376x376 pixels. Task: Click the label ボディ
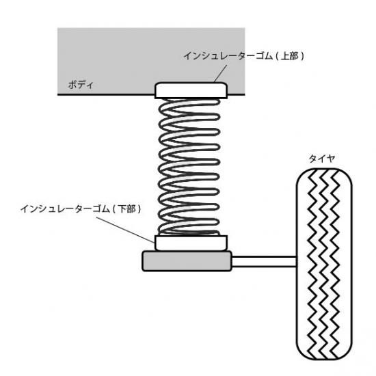pyautogui.click(x=81, y=85)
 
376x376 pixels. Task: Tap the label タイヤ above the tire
pyautogui.click(x=321, y=159)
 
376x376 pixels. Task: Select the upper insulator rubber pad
pyautogui.click(x=191, y=90)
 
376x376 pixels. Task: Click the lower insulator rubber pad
pyautogui.click(x=191, y=243)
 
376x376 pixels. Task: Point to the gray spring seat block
pyautogui.click(x=187, y=261)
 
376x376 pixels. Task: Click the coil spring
pyautogui.click(x=189, y=167)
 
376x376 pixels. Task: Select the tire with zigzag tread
pyautogui.click(x=324, y=264)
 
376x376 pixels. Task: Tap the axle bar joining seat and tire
pyautogui.click(x=264, y=261)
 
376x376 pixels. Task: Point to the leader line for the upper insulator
pyautogui.click(x=220, y=74)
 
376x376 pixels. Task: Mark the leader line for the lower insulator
pyautogui.click(x=125, y=230)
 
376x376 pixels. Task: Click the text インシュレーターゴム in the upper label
pyautogui.click(x=228, y=56)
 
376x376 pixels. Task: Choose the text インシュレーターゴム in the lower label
pyautogui.click(x=65, y=209)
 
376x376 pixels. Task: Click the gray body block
pyautogui.click(x=151, y=61)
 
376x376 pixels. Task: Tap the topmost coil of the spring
pyautogui.click(x=189, y=103)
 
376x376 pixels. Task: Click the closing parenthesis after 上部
pyautogui.click(x=302, y=56)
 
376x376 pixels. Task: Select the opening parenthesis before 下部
pyautogui.click(x=115, y=209)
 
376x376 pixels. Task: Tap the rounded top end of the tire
pyautogui.click(x=324, y=170)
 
